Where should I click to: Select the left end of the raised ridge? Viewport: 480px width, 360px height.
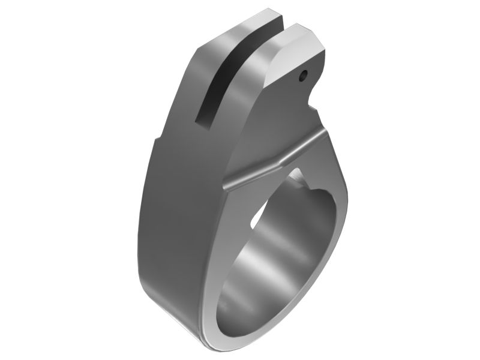pyautogui.click(x=227, y=185)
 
